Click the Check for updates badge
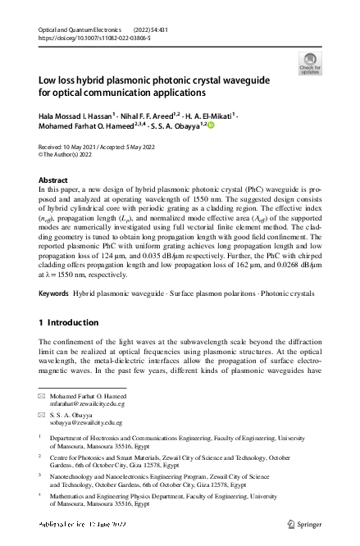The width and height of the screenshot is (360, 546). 310,63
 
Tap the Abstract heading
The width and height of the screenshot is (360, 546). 54,179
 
